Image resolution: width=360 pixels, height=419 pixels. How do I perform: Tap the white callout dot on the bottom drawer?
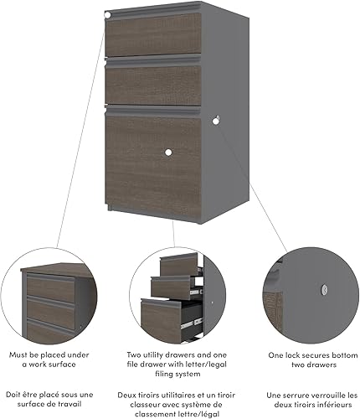pyautogui.click(x=167, y=152)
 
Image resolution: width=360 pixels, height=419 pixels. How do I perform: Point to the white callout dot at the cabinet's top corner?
pyautogui.click(x=108, y=15)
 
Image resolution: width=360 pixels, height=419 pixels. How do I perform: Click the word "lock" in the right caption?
pyautogui.click(x=295, y=355)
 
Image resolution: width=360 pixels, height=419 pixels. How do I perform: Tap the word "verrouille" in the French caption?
pyautogui.click(x=330, y=394)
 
